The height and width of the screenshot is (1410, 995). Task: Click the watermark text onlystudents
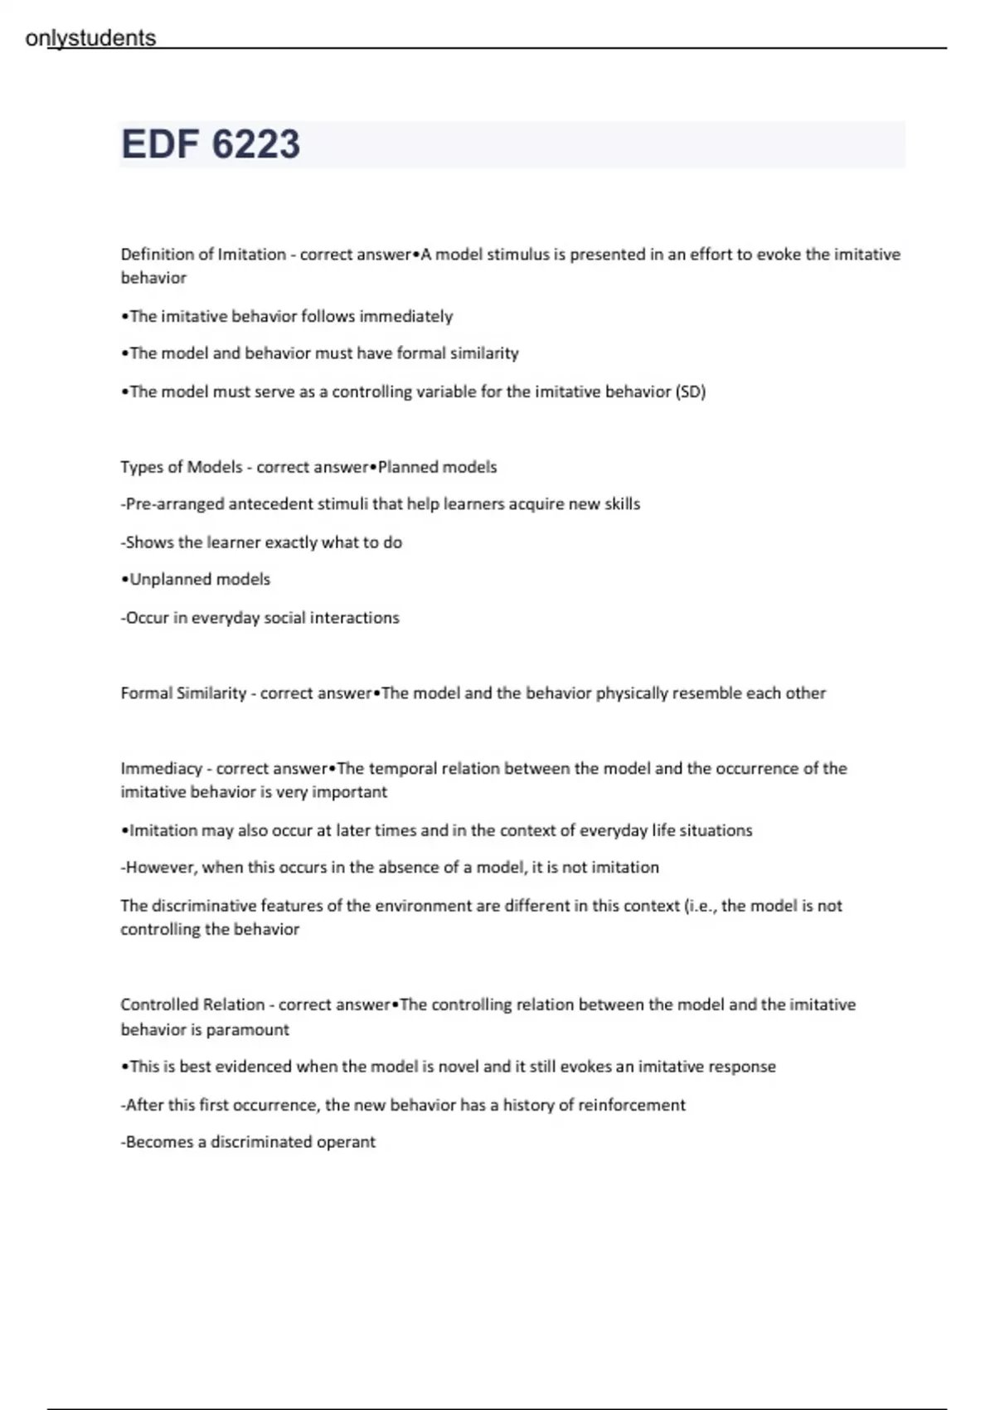90,38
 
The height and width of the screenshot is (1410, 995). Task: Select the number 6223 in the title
256,144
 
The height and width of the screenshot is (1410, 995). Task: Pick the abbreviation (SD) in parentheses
691,391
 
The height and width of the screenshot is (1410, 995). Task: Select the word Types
140,467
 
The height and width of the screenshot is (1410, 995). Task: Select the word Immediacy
161,769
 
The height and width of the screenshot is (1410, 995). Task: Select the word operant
347,1142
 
